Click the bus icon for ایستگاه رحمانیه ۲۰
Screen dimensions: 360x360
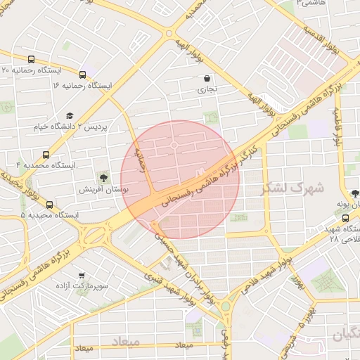click(x=30, y=60)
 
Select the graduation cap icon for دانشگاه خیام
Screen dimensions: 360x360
click(x=69, y=115)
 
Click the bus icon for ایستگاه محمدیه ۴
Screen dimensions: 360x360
click(x=46, y=155)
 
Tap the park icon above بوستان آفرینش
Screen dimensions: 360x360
click(x=103, y=176)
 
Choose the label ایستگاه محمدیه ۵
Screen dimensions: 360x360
click(x=50, y=214)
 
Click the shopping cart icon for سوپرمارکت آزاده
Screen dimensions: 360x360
click(x=82, y=275)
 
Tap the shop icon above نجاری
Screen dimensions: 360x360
click(x=206, y=79)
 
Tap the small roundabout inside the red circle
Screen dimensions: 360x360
click(x=174, y=146)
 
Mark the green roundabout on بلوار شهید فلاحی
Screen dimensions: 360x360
click(x=226, y=307)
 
